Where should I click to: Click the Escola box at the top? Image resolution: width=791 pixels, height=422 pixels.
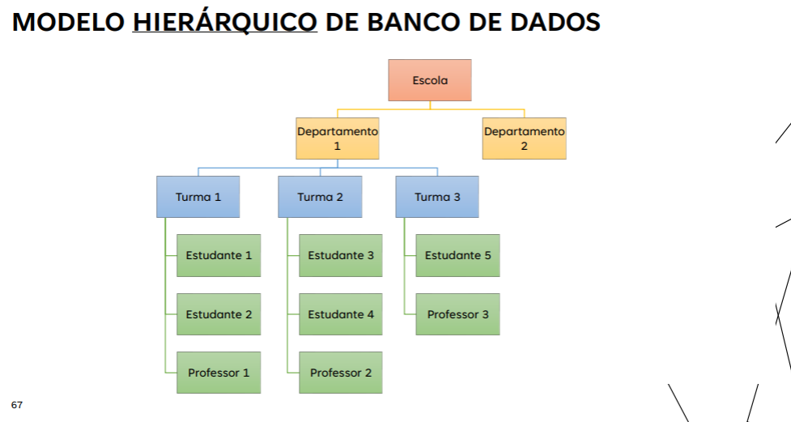click(x=430, y=80)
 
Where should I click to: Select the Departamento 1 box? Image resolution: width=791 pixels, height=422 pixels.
click(x=338, y=139)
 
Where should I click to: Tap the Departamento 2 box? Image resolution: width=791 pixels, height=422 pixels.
click(x=524, y=139)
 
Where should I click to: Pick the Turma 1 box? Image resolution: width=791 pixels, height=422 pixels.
click(x=198, y=197)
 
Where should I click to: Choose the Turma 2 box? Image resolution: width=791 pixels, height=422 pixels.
click(x=320, y=197)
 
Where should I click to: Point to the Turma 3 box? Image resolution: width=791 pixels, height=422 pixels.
click(x=437, y=197)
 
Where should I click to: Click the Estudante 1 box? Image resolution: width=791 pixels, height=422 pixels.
click(x=219, y=255)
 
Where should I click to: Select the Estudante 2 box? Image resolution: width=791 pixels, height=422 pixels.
click(x=219, y=314)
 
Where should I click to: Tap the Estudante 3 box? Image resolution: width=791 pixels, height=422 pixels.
click(x=341, y=255)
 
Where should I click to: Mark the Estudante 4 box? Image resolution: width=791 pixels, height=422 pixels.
click(x=341, y=314)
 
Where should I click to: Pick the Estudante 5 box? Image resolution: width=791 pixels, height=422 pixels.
click(x=457, y=255)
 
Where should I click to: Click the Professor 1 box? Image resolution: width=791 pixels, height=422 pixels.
click(x=219, y=373)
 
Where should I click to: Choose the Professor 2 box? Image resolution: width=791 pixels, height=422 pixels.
click(x=341, y=373)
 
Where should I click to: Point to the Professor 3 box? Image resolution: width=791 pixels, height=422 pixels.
click(x=457, y=314)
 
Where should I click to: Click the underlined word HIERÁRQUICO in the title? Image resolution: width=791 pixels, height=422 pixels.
click(x=225, y=22)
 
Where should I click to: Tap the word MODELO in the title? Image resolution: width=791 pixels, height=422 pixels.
click(x=69, y=22)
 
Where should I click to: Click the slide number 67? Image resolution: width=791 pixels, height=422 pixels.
click(x=17, y=403)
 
